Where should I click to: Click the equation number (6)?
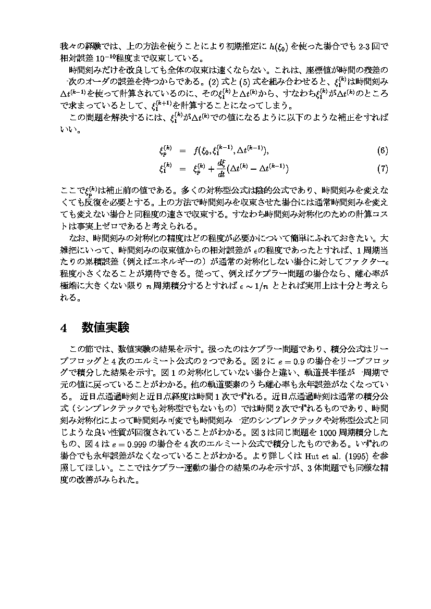pyautogui.click(x=383, y=151)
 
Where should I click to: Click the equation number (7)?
pyautogui.click(x=383, y=169)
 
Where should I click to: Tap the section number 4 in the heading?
pyautogui.click(x=64, y=327)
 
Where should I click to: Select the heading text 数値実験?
pyautogui.click(x=105, y=327)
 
